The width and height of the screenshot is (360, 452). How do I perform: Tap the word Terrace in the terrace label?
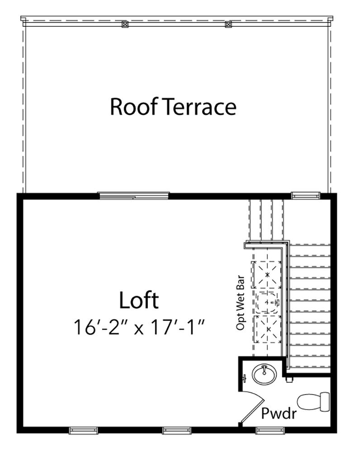[199, 107]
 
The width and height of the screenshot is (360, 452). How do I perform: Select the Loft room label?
[139, 301]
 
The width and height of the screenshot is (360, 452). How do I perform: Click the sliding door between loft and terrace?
[134, 195]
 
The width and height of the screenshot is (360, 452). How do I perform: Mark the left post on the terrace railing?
[125, 24]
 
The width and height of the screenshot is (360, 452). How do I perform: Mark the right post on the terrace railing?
[228, 24]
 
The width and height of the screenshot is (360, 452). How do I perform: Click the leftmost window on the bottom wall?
[83, 429]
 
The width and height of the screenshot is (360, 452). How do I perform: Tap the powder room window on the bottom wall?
[270, 429]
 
